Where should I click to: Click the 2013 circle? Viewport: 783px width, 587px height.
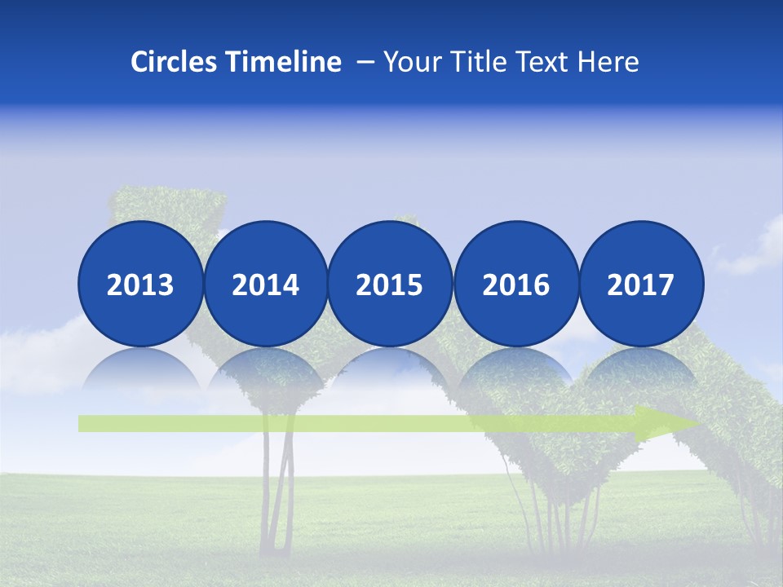pos(140,284)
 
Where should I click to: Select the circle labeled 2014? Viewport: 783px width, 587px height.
pos(265,284)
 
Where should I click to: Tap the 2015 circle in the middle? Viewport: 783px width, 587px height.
pos(390,284)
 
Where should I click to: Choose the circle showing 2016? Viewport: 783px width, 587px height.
pos(515,284)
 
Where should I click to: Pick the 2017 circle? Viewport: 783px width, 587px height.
pos(640,284)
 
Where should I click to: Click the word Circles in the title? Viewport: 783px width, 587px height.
pos(174,62)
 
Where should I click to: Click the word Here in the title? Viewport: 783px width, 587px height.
pos(608,62)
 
